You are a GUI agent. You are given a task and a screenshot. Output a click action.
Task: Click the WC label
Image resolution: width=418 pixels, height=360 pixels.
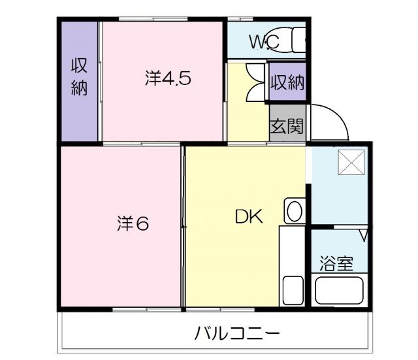(265, 42)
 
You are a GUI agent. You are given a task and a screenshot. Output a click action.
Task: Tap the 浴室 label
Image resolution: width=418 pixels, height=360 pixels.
(336, 264)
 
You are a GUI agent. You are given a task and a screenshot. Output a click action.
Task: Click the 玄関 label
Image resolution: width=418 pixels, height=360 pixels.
(287, 125)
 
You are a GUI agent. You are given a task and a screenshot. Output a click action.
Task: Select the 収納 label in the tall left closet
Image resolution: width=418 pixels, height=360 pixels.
(79, 77)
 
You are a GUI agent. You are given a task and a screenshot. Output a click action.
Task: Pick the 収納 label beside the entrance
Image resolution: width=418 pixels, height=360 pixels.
(287, 82)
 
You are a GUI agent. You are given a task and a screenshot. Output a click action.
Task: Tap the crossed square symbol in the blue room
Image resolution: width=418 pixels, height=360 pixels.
(349, 161)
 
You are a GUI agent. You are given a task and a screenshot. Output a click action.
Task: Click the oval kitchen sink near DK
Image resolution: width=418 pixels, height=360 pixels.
(295, 212)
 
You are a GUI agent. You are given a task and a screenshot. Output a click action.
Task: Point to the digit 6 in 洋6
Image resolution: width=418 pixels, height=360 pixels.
(142, 224)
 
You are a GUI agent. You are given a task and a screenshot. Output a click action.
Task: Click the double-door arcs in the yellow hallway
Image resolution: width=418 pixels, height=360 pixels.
(255, 81)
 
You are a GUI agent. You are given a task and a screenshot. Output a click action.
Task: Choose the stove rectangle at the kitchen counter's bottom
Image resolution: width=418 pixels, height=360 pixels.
(293, 289)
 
